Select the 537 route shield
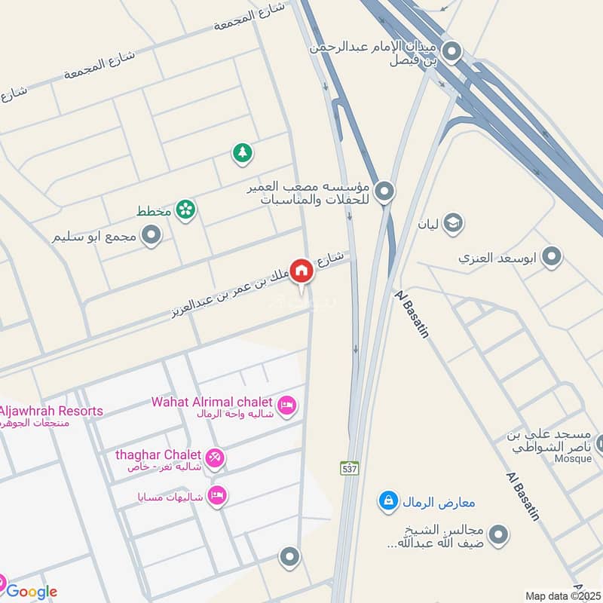[x=349, y=467]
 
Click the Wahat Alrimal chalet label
[x=214, y=401]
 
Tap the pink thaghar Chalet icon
[x=215, y=458]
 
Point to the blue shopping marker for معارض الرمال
[x=388, y=500]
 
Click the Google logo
[x=32, y=592]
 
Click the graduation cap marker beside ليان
[x=452, y=223]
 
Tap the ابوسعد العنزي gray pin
[x=552, y=257]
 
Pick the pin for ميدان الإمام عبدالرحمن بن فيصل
[x=451, y=52]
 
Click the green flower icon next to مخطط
[x=185, y=210]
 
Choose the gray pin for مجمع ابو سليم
[x=152, y=236]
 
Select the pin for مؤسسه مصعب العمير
[x=384, y=191]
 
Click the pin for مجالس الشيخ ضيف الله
[x=497, y=536]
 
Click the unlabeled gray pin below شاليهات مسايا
[x=289, y=558]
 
